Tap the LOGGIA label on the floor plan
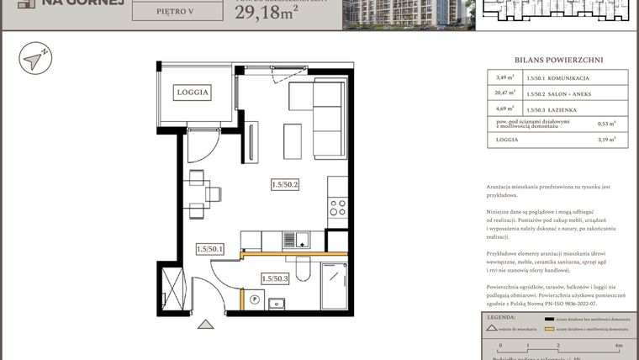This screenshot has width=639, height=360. (x=192, y=93)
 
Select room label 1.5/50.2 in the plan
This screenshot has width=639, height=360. (x=286, y=183)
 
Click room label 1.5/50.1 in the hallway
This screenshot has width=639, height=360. (x=210, y=249)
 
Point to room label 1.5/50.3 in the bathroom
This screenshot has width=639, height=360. (x=275, y=278)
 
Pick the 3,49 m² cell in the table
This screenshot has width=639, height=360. (x=504, y=79)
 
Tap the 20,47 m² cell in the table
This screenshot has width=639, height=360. (x=504, y=93)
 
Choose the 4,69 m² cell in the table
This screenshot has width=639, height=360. (x=504, y=108)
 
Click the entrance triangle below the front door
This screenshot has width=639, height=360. (x=203, y=323)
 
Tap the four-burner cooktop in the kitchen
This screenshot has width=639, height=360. (x=337, y=207)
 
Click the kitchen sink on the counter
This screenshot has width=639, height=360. (x=293, y=241)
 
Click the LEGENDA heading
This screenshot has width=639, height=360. (x=502, y=318)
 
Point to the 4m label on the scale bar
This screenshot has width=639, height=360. (x=618, y=346)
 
